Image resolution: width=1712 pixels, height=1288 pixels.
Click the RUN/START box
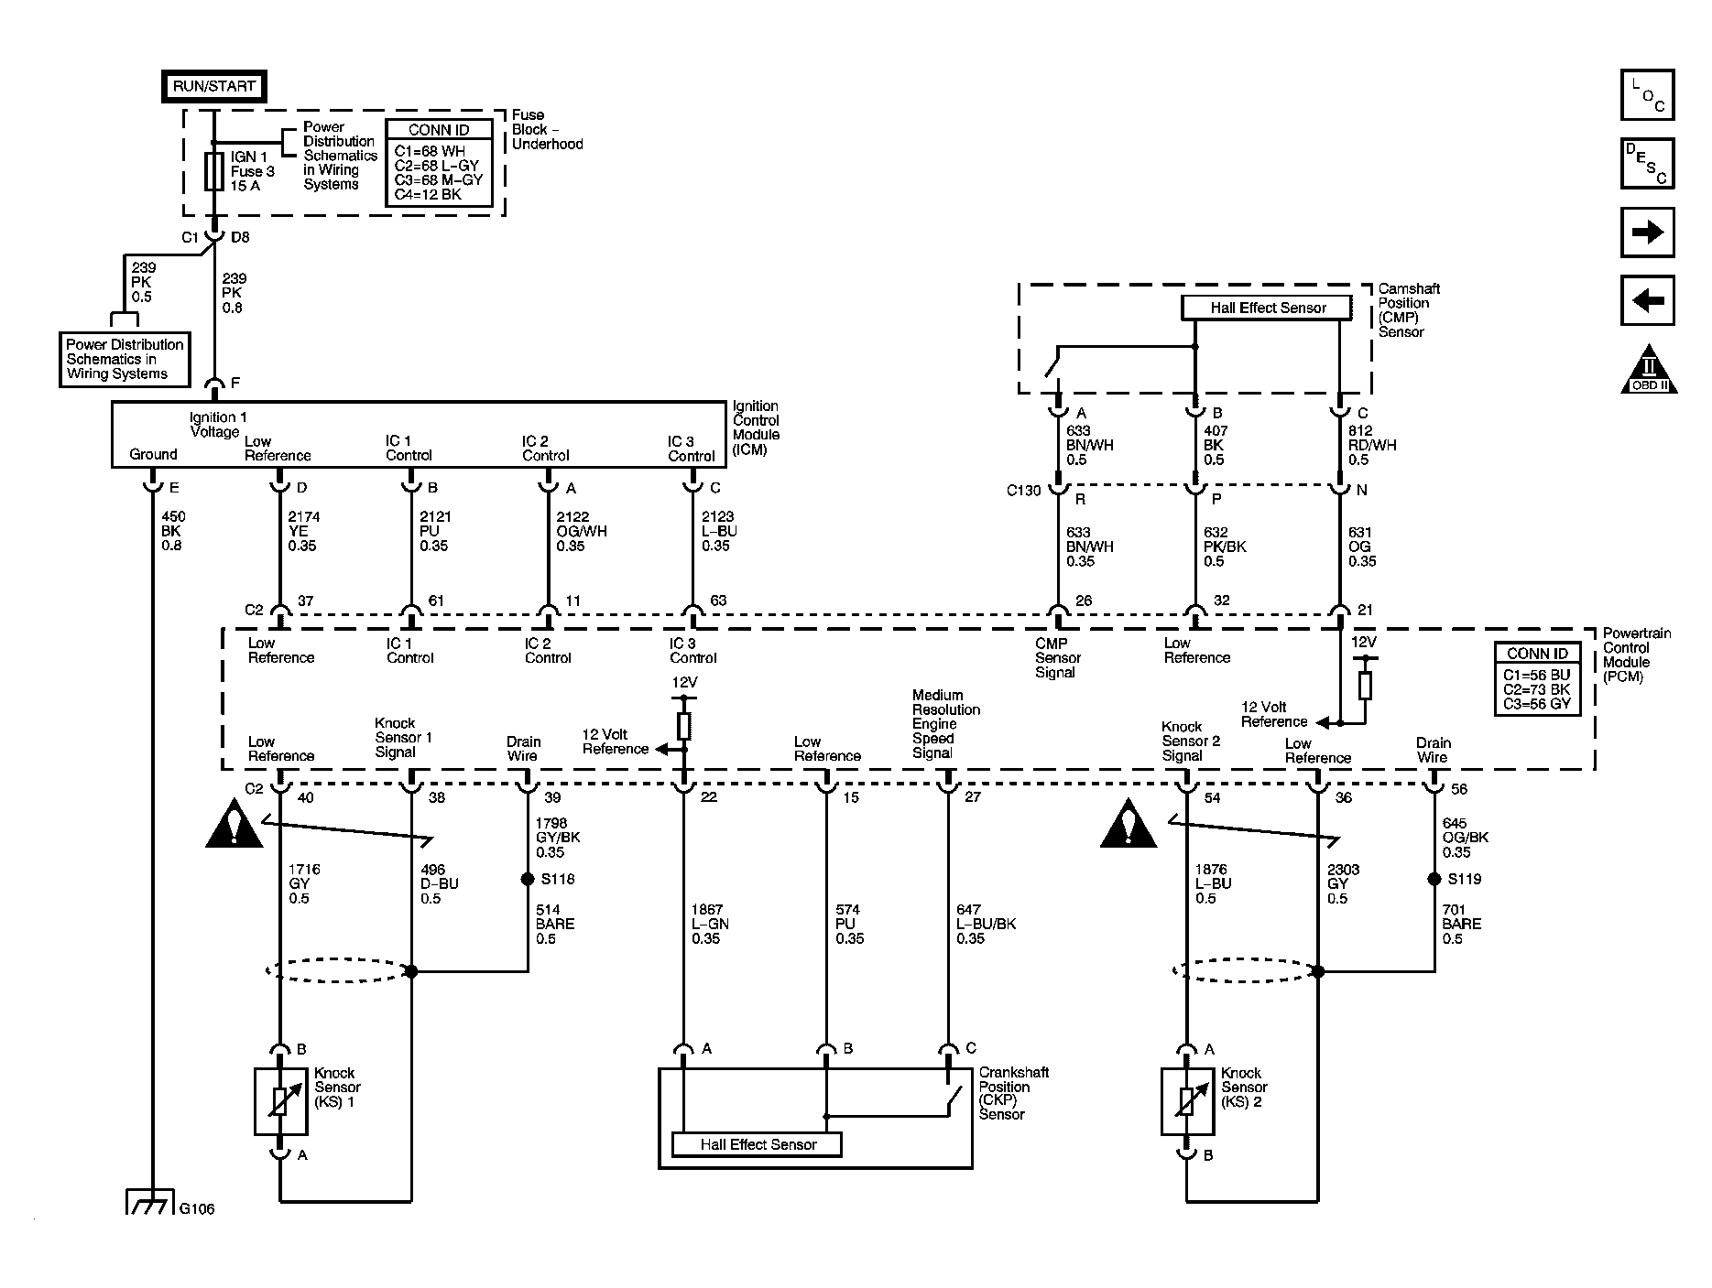click(x=214, y=86)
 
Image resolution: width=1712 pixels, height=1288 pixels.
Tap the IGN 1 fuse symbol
click(x=213, y=171)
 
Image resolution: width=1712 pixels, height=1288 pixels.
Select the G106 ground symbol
click(x=149, y=1204)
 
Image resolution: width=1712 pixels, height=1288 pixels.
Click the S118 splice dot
click(x=528, y=880)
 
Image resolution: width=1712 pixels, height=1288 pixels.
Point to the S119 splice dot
click(x=1434, y=880)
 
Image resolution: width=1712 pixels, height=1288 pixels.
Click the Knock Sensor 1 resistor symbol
click(x=280, y=1102)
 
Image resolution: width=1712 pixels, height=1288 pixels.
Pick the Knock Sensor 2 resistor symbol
click(x=1187, y=1102)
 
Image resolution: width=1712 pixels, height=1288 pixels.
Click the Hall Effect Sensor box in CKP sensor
click(x=757, y=1144)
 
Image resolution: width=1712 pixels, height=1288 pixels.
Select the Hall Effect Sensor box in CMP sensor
click(x=1268, y=308)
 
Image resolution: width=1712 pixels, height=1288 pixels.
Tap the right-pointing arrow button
click(x=1647, y=233)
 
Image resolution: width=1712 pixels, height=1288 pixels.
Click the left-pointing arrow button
click(x=1647, y=300)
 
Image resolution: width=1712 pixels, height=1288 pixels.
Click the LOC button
click(x=1647, y=95)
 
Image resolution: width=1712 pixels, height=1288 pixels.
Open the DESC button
click(x=1647, y=164)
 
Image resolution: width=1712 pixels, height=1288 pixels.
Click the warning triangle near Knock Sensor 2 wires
click(x=1129, y=824)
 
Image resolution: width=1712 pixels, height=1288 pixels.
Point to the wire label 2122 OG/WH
click(x=581, y=532)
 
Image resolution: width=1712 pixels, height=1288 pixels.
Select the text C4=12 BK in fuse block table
click(x=428, y=194)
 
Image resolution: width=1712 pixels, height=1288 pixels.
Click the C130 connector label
click(x=1023, y=491)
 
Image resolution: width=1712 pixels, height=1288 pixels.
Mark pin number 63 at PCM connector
click(x=718, y=601)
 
